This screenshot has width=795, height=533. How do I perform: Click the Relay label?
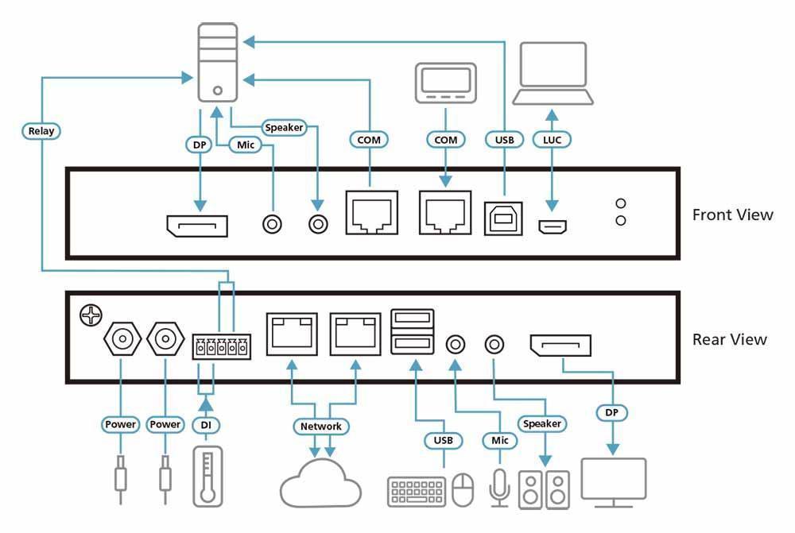[41, 130]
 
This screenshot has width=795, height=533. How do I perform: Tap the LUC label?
[552, 140]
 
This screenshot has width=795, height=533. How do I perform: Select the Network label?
[321, 427]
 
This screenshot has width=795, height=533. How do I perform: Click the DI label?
[206, 425]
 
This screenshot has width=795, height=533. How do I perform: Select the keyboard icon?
[417, 491]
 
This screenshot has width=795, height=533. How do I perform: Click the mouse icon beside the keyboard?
[463, 489]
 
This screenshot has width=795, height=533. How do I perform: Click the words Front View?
[732, 214]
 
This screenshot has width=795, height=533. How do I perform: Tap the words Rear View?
[730, 339]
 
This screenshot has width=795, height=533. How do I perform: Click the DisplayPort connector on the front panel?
[196, 226]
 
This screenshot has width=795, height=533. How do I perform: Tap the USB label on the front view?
[504, 140]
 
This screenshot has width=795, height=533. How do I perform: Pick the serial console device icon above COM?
[445, 83]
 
